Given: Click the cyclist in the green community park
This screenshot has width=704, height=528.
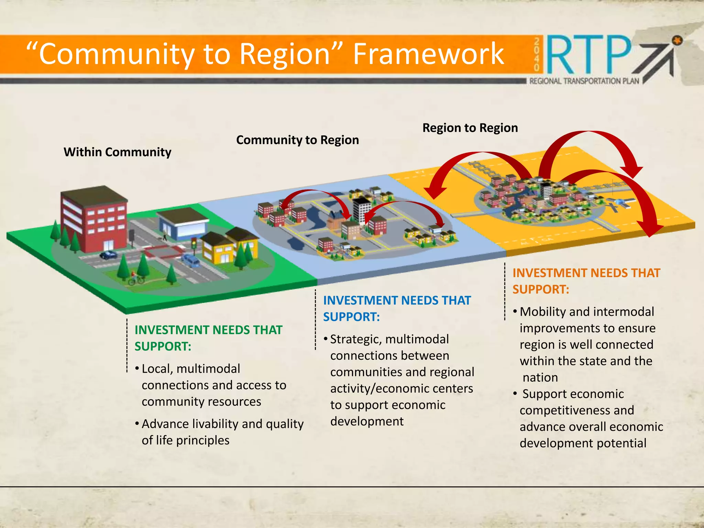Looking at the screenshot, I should click(135, 278).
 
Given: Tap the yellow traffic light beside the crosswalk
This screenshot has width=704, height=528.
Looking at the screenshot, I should click(194, 245).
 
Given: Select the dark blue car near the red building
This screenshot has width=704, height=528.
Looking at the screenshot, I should click(108, 255).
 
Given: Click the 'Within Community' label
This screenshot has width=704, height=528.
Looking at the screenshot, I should click(117, 152).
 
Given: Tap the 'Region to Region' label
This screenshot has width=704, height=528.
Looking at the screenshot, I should click(470, 128).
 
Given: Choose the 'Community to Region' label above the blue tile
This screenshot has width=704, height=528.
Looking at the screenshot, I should click(297, 140).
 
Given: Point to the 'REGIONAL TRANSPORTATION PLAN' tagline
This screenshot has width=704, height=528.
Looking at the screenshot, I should click(584, 81).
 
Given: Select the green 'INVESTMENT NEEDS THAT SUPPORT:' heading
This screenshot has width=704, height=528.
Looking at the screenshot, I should click(208, 338).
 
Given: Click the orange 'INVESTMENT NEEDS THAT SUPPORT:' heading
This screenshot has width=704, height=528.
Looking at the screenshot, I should click(586, 281).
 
